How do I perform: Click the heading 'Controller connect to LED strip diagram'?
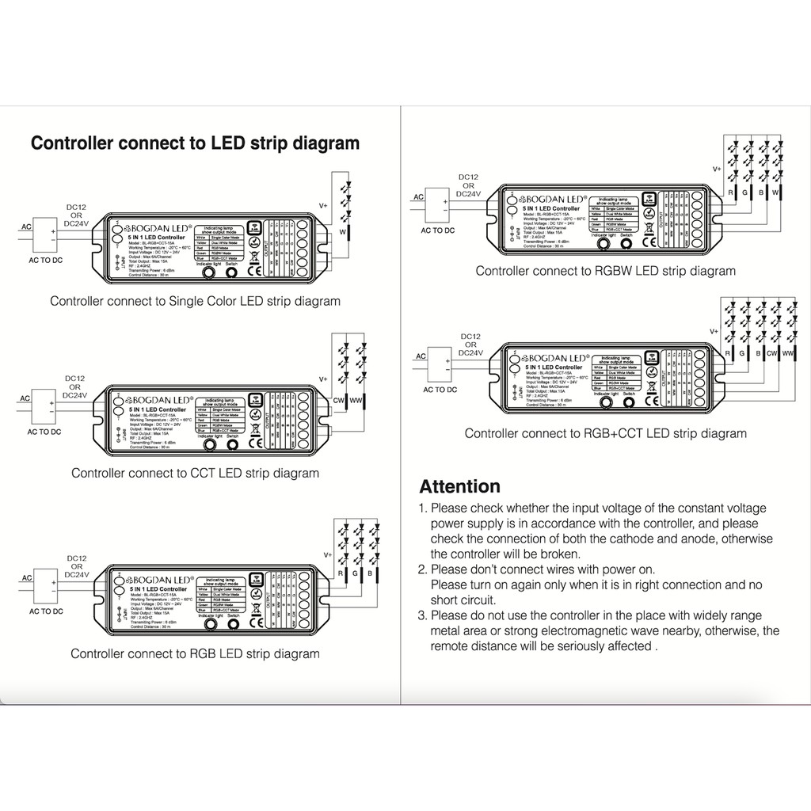click(x=195, y=143)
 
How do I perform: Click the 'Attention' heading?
click(x=459, y=486)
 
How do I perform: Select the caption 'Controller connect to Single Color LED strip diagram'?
click(x=195, y=301)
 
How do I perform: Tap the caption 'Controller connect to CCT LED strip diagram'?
click(x=195, y=473)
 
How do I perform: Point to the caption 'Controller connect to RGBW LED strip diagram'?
click(x=605, y=271)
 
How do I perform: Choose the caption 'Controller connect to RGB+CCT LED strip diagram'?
click(x=605, y=433)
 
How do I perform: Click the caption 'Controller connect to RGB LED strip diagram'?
click(x=195, y=653)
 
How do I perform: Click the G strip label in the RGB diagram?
click(x=357, y=572)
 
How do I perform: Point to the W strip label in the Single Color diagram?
click(x=343, y=232)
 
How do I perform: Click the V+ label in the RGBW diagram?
click(x=717, y=169)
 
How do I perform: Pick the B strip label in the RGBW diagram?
click(x=760, y=192)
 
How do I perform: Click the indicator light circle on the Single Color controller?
click(x=208, y=272)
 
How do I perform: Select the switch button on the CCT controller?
click(x=233, y=444)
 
